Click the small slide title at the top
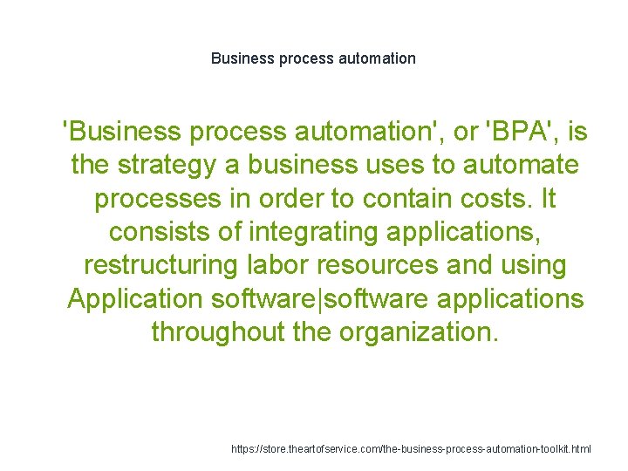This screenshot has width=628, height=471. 313,58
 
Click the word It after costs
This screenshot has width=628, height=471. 547,198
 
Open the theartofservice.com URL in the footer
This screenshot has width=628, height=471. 411,448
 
